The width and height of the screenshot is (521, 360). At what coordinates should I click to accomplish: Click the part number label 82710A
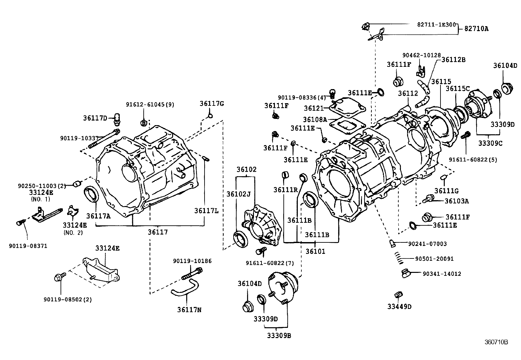pos(476,29)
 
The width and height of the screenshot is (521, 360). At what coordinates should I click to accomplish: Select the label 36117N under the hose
pos(189,309)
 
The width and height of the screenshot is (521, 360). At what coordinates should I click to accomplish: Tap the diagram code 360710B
pos(496,342)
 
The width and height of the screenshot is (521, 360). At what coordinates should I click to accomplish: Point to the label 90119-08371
pos(28,246)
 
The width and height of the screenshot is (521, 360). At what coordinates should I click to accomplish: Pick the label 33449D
pos(399,307)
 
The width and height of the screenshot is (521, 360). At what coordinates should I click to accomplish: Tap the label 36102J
pos(238,194)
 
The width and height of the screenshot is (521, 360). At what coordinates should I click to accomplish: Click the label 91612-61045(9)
pos(150,104)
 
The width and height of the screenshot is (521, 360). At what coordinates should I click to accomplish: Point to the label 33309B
pos(279,336)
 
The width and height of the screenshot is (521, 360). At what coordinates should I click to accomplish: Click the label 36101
pos(315,251)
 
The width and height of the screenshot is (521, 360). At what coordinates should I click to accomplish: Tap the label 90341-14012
pos(442,274)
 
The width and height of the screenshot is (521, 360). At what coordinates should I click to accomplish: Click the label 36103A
pos(457,201)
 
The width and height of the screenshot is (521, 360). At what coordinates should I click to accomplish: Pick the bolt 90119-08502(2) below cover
pos(58,278)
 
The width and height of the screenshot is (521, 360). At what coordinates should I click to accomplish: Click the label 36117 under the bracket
pos(158,232)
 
